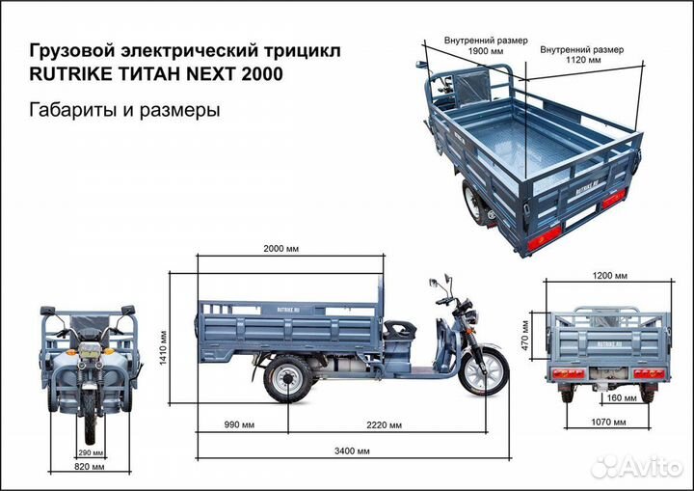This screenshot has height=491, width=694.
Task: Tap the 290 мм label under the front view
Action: [90, 452]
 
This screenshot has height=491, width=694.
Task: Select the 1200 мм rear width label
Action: [609, 276]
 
